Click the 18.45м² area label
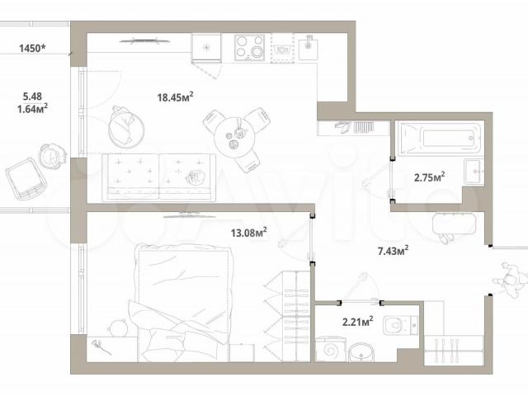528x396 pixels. [175, 97]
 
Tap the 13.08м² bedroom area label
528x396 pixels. [249, 233]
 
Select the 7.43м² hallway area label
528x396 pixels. [393, 251]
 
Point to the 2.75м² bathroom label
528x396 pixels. [429, 177]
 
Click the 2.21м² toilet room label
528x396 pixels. [357, 322]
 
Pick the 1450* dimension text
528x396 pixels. [32, 48]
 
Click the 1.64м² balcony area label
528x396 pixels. [32, 108]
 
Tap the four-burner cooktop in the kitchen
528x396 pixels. [249, 47]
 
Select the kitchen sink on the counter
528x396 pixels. [308, 46]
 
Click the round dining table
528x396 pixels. [235, 137]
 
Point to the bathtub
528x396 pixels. [441, 139]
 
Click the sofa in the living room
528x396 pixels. [158, 177]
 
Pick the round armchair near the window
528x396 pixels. [125, 127]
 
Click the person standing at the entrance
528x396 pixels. [511, 280]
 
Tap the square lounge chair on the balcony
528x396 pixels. [26, 179]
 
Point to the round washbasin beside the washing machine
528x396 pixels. [361, 352]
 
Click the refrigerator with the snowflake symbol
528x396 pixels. [206, 48]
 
